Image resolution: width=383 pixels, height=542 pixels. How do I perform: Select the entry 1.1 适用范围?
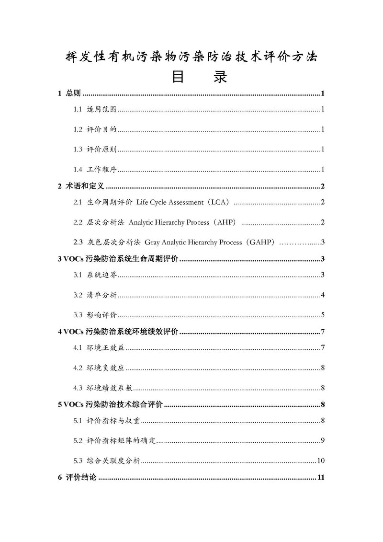[96, 110]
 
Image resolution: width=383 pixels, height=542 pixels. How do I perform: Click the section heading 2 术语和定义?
[81, 186]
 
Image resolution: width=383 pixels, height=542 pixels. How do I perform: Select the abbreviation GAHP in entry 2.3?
[261, 242]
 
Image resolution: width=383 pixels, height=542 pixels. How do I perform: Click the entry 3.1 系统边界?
[96, 275]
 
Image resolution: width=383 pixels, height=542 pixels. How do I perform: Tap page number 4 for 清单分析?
[324, 294]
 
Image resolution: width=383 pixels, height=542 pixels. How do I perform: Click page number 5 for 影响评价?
[324, 314]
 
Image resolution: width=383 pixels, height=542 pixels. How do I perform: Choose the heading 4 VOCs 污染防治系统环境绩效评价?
[118, 332]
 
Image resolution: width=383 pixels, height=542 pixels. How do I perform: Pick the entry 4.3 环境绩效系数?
[102, 388]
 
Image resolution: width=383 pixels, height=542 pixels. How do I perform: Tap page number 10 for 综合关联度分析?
[321, 461]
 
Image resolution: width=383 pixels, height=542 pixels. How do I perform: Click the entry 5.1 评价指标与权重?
[106, 421]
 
